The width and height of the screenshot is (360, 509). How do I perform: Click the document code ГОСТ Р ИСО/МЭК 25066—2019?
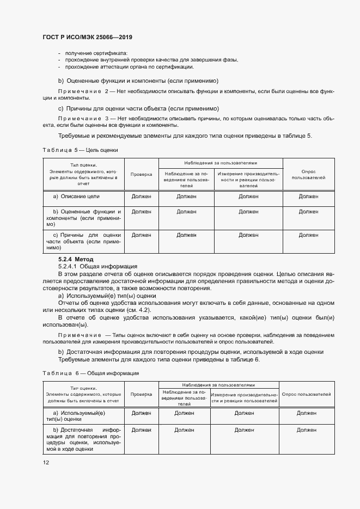(x=88, y=38)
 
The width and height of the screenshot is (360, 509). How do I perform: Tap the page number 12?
(x=46, y=462)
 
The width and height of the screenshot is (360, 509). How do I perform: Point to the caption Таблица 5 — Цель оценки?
(x=80, y=149)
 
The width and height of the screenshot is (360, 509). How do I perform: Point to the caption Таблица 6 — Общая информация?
(x=90, y=373)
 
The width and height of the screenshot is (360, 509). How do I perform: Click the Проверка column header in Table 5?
(x=142, y=174)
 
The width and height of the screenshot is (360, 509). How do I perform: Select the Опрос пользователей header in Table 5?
(x=308, y=174)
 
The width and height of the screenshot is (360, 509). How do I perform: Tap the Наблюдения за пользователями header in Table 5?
(x=221, y=163)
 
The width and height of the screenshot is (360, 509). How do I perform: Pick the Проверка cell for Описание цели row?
(x=142, y=196)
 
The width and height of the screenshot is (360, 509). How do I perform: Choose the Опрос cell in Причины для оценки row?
(x=308, y=235)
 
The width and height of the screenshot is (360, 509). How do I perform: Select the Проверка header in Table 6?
(x=141, y=394)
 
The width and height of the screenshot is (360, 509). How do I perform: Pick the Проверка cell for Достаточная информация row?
(x=141, y=430)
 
